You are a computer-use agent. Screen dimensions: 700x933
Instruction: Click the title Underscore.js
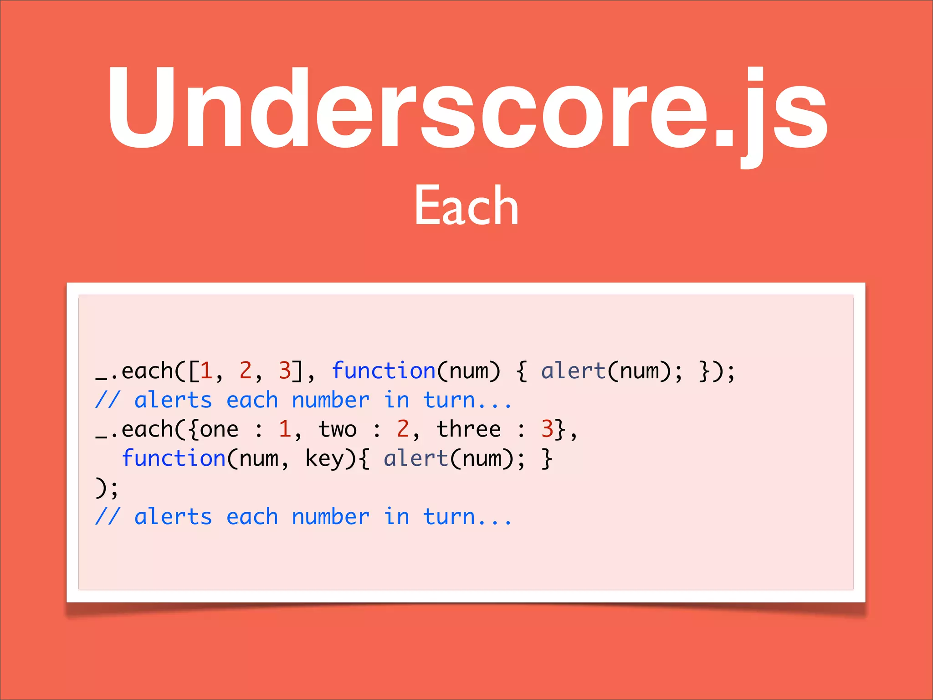466,109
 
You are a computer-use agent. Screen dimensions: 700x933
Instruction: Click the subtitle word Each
466,206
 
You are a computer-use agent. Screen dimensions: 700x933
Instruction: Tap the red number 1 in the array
206,371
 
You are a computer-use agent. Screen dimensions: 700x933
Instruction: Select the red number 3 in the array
285,371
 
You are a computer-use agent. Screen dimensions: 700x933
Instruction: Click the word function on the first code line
384,371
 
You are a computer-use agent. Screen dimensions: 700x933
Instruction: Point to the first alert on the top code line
573,371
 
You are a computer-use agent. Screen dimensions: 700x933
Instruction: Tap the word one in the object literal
219,429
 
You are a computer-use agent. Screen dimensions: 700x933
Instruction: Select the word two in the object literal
338,429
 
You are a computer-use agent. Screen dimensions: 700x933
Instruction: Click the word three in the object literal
469,429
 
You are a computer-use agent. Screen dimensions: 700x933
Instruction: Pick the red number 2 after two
403,429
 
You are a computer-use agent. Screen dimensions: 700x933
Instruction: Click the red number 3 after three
547,429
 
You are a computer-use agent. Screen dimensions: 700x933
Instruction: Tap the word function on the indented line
174,458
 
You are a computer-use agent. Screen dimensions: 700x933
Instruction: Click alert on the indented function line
416,458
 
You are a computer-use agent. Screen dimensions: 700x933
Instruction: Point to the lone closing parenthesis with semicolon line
107,488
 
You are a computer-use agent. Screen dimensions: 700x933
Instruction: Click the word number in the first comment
331,401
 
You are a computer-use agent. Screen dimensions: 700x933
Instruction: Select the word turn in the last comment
449,517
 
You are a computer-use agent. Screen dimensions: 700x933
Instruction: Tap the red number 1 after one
285,429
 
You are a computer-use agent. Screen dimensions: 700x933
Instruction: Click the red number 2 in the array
246,371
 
